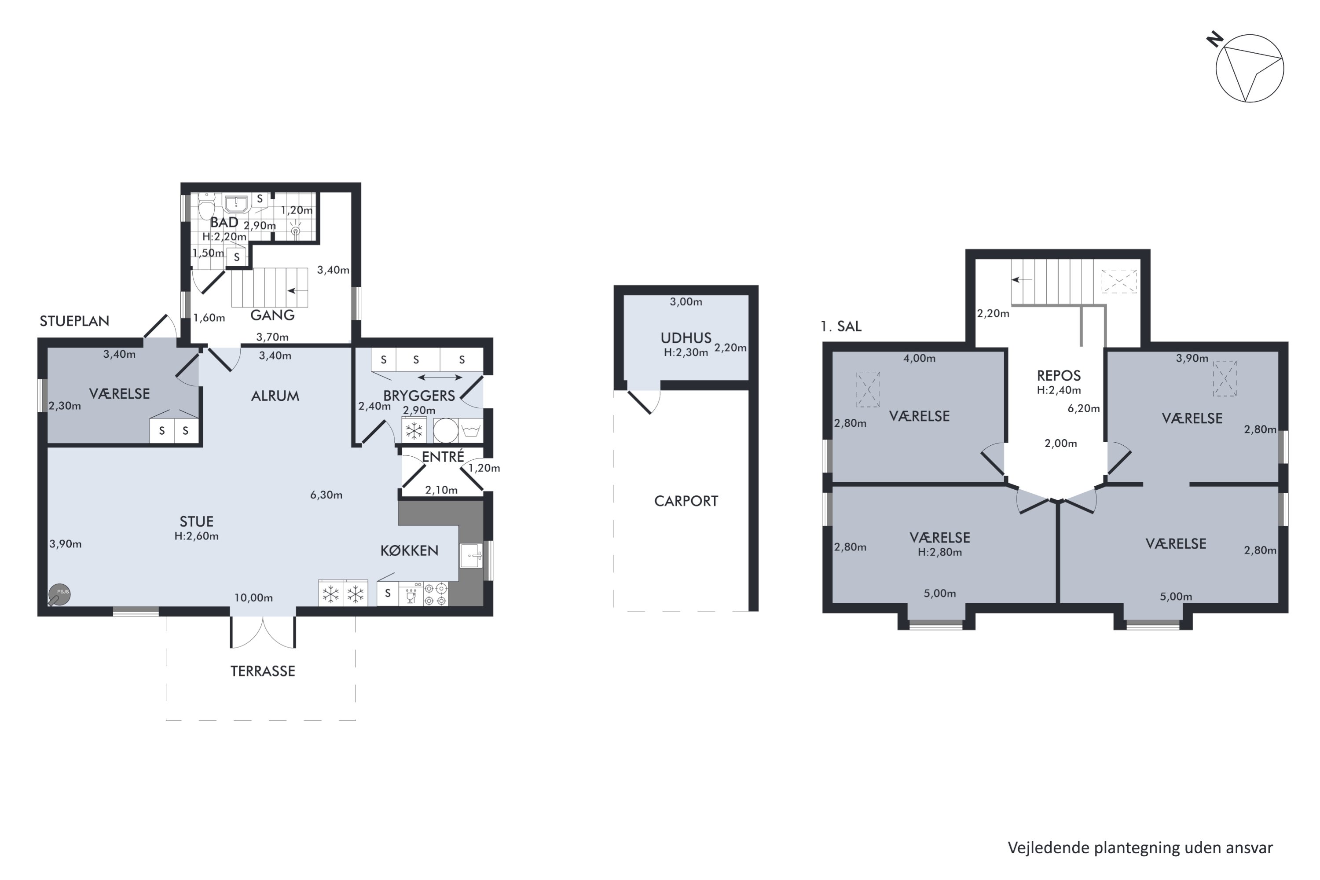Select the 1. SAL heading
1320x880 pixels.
pos(841,326)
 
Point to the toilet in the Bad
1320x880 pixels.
pos(206,206)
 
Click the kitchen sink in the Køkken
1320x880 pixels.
pos(471,556)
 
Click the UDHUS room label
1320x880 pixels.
pos(686,338)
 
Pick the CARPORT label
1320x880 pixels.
pos(686,501)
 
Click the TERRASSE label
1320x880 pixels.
pos(263,671)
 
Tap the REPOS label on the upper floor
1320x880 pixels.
pos(1059,375)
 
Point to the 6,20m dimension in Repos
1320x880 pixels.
pos(1083,409)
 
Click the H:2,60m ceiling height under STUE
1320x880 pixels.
pos(196,536)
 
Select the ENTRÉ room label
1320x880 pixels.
pos(443,457)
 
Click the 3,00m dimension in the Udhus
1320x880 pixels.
pos(686,302)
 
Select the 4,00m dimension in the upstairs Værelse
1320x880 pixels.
pos(919,359)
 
